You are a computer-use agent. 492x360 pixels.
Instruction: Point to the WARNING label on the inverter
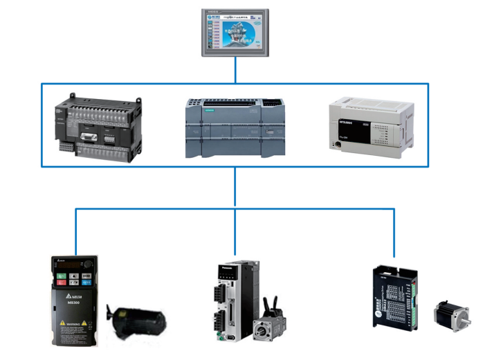point(74,323)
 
